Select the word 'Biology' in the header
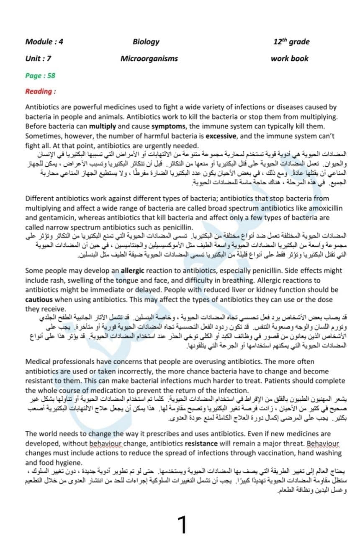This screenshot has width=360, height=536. pos(146,41)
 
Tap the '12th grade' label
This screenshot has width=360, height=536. pos(291,41)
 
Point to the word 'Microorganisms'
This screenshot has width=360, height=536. pos(149,59)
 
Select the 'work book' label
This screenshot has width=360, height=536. pos(289,59)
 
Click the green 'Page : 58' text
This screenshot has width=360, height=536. pos(40,76)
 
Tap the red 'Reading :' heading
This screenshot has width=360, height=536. pos(41,91)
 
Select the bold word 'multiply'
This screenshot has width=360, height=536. pos(102,126)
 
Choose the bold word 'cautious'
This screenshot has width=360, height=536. pos(39,299)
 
